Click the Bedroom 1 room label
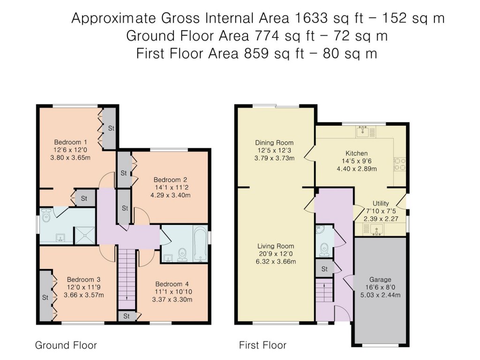(x=70, y=142)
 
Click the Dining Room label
(x=274, y=142)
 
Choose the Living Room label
(x=275, y=246)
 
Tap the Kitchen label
(x=357, y=153)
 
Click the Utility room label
(x=380, y=203)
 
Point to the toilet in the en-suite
(x=46, y=217)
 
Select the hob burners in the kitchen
(x=400, y=163)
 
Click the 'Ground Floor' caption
(x=66, y=345)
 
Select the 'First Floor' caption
(x=262, y=345)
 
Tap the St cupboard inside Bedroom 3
(x=45, y=297)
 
